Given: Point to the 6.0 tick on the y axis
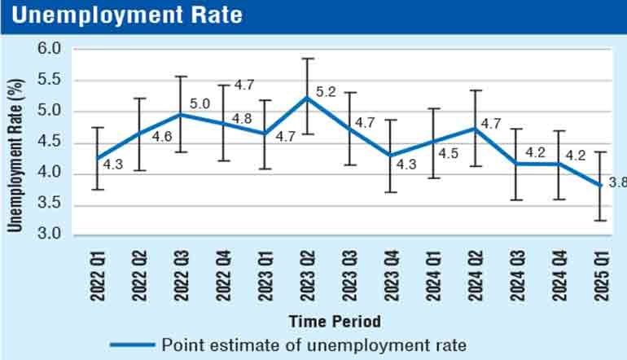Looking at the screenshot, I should tap(50, 49).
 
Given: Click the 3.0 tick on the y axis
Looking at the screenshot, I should tap(50, 235).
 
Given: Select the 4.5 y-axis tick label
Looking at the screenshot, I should tap(50, 143).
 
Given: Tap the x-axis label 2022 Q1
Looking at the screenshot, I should tap(98, 275).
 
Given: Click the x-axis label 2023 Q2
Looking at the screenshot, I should tap(307, 275).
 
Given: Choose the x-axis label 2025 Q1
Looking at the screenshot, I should tap(600, 275).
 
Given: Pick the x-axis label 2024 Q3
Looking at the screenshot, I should tap(515, 275).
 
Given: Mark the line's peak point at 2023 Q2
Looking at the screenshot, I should tap(308, 98).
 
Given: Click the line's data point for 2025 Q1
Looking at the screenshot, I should tap(600, 186).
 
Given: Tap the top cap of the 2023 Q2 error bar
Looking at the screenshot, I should tap(308, 59).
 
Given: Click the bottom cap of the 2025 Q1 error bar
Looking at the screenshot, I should tap(600, 221).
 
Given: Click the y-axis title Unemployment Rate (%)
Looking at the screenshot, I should tap(15, 143).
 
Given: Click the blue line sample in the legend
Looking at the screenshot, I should tap(130, 344).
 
